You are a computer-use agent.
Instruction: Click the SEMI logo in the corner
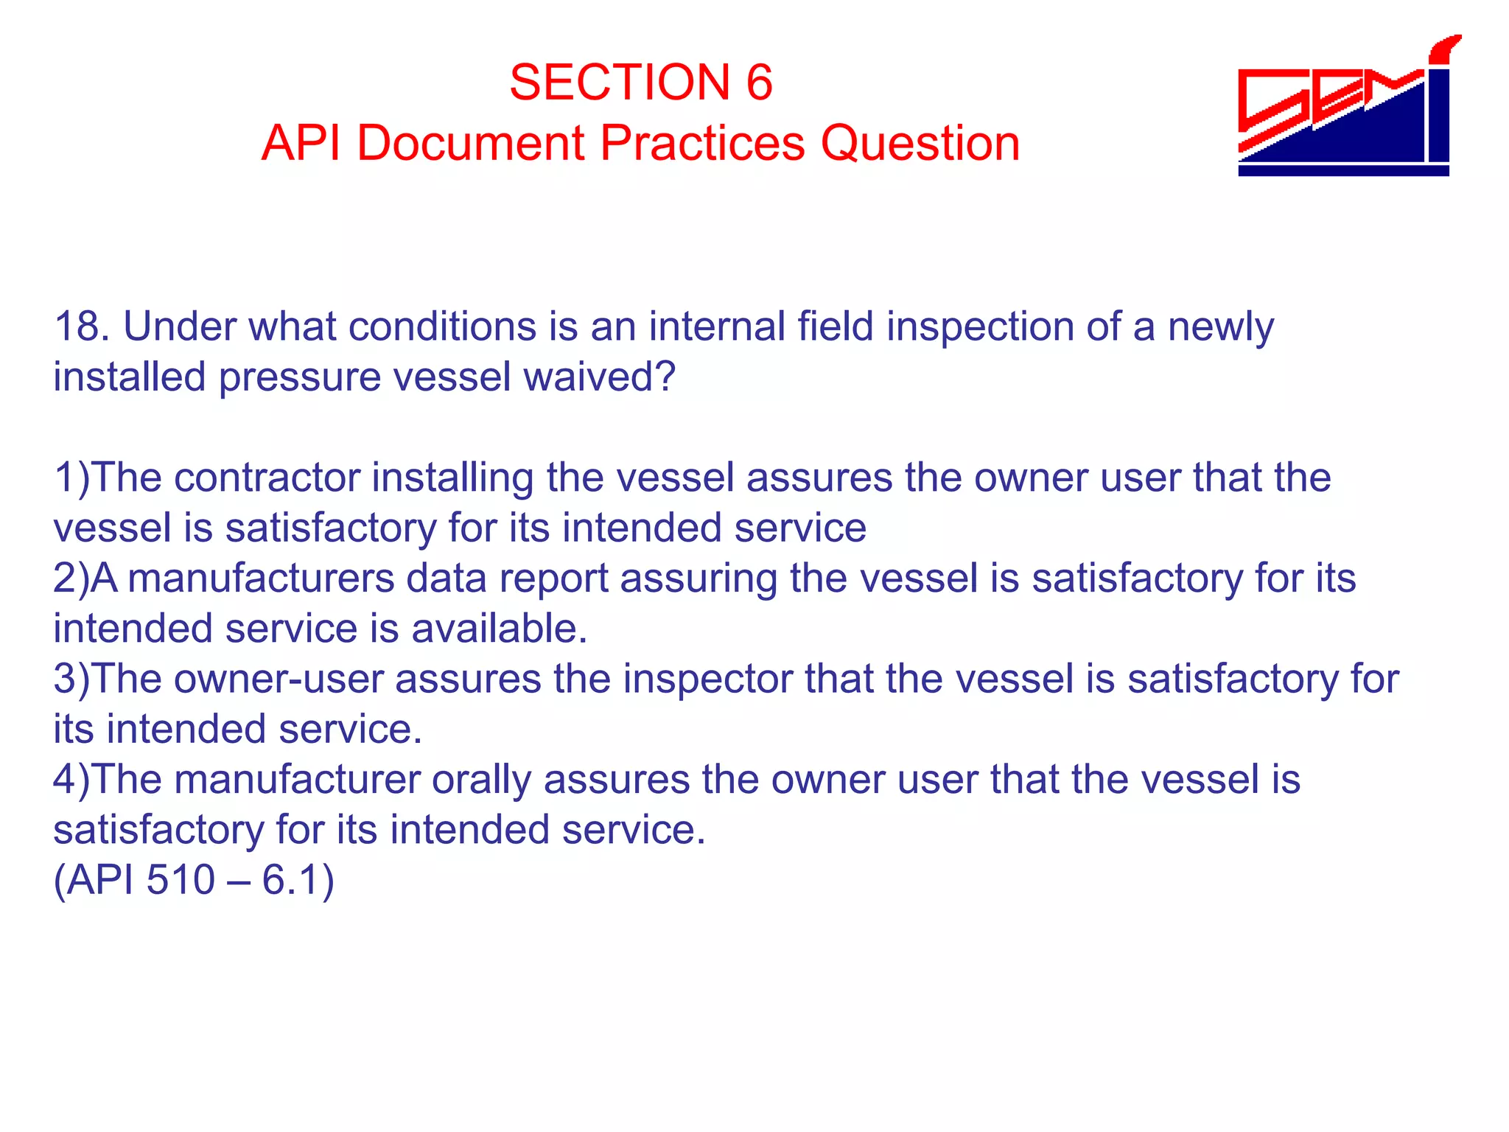click(1348, 107)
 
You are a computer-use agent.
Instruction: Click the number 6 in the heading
click(759, 82)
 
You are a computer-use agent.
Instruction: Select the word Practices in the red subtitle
click(702, 142)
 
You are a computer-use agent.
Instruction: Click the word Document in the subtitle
click(471, 142)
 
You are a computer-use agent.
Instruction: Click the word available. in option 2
click(499, 629)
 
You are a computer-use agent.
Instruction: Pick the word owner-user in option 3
click(279, 679)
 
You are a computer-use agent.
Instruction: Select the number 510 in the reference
click(181, 880)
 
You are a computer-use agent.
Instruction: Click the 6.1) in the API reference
click(298, 880)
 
